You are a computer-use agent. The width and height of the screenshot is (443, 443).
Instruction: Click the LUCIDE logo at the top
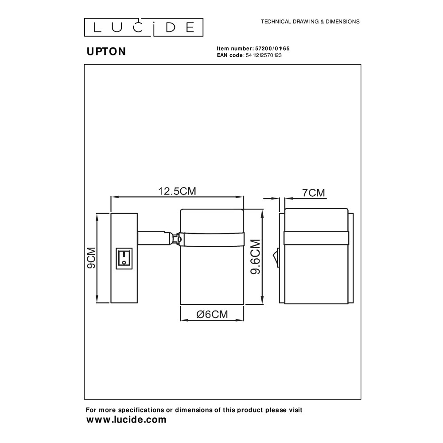[x=144, y=27]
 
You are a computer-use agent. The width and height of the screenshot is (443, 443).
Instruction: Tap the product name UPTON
[x=106, y=51]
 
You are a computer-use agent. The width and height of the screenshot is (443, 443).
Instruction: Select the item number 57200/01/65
[x=272, y=48]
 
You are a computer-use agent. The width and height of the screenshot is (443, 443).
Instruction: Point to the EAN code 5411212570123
[x=264, y=55]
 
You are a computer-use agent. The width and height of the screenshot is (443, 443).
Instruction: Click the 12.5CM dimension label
[x=177, y=191]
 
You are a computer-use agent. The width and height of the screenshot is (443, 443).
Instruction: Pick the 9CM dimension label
[x=91, y=258]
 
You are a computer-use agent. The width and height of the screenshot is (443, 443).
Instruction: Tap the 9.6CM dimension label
[x=256, y=257]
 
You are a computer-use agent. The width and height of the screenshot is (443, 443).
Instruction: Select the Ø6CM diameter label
[x=212, y=315]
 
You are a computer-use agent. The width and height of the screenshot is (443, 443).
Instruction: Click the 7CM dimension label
[x=314, y=193]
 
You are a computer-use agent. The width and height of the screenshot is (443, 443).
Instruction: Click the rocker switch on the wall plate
[x=124, y=259]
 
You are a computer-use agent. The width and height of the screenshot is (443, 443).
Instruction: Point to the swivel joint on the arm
[x=178, y=239]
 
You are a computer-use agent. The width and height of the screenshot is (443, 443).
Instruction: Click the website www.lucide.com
[x=126, y=420]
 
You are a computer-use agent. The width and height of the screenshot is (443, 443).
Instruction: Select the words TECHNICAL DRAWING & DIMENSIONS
[x=310, y=21]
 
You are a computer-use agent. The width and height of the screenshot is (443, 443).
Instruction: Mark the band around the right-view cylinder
[x=316, y=238]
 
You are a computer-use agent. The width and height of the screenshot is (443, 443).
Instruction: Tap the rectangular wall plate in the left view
[x=124, y=258]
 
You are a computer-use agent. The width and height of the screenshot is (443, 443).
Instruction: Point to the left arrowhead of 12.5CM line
[x=113, y=197]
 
